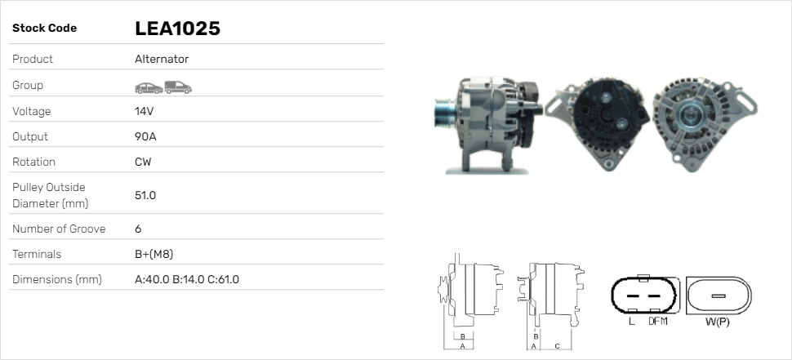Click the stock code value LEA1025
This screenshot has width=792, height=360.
click(177, 29)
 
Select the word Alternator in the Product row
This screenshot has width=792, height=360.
click(162, 59)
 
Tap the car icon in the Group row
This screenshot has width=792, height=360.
click(149, 88)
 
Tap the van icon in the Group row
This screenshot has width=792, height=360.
click(178, 87)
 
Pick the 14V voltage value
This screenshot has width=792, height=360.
click(144, 111)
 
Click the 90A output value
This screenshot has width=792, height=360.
click(145, 137)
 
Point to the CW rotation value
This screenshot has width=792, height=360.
click(143, 162)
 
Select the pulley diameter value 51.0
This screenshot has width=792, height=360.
click(145, 195)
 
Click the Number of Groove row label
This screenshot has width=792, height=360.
click(59, 229)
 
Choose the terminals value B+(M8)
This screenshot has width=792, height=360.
click(154, 254)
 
